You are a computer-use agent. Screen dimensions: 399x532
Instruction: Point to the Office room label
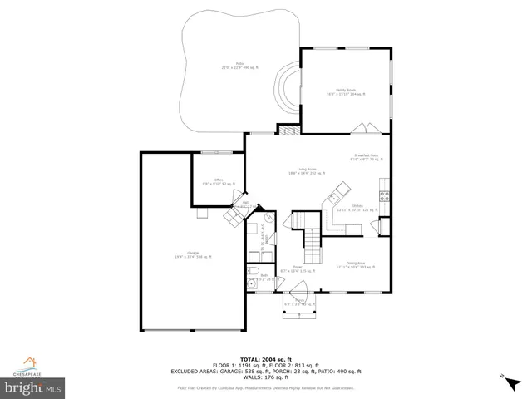click(x=219, y=182)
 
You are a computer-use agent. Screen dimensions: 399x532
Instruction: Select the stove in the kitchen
click(x=384, y=197)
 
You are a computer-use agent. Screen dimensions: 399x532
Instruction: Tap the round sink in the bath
click(x=251, y=283)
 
